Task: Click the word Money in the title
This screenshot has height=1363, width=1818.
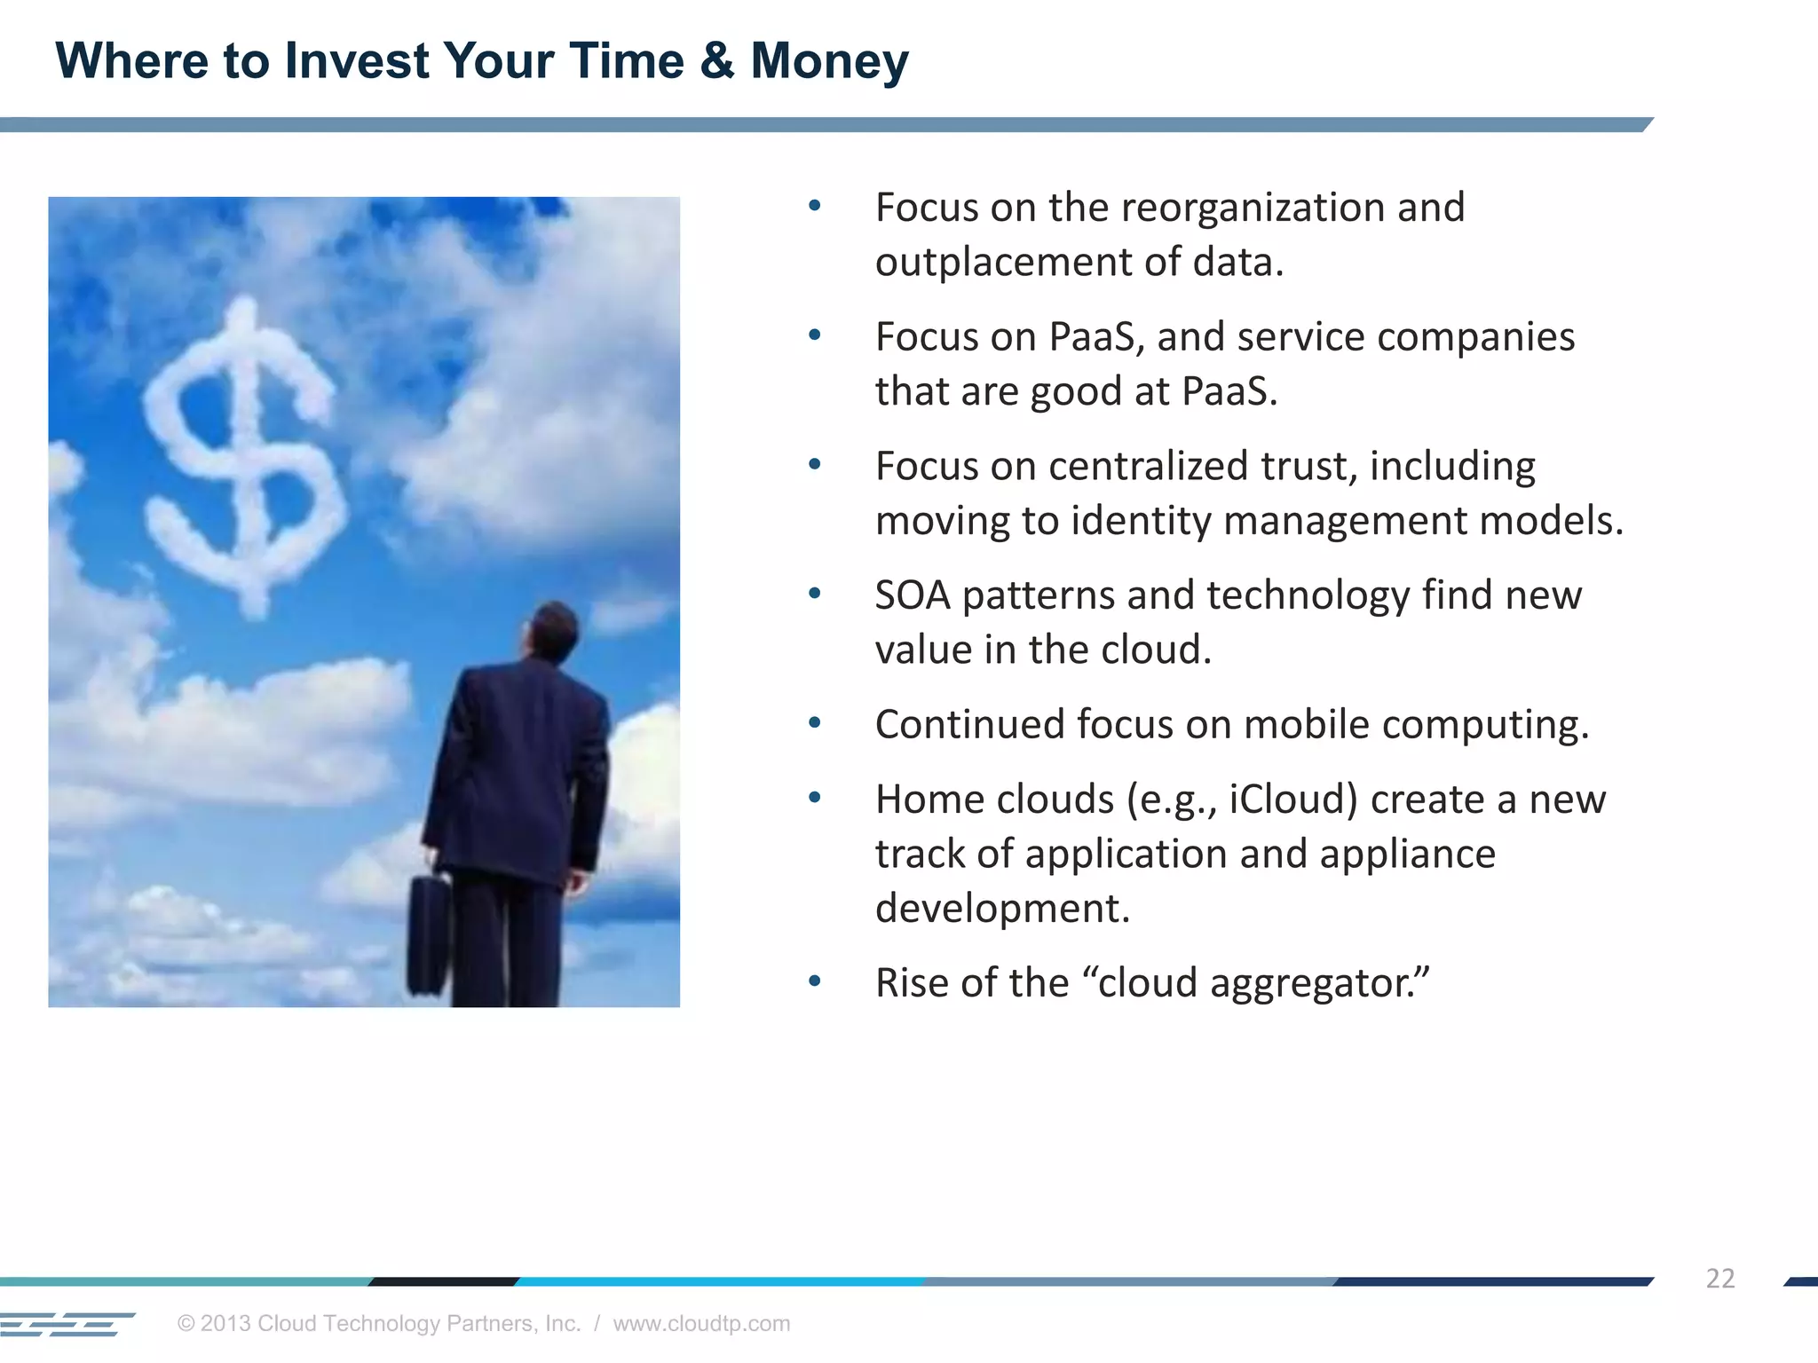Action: [829, 61]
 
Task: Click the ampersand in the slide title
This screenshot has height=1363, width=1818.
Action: [716, 61]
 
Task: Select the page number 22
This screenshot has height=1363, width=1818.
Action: [1719, 1278]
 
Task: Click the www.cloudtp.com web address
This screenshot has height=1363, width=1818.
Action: [701, 1323]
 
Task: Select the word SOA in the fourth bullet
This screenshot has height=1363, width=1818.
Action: [913, 595]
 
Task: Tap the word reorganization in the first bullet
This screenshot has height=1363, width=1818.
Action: [1253, 209]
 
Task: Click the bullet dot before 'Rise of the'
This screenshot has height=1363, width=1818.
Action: [815, 981]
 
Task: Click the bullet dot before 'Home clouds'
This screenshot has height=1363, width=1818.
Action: [815, 798]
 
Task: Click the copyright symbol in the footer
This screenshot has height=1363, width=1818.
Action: [186, 1323]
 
